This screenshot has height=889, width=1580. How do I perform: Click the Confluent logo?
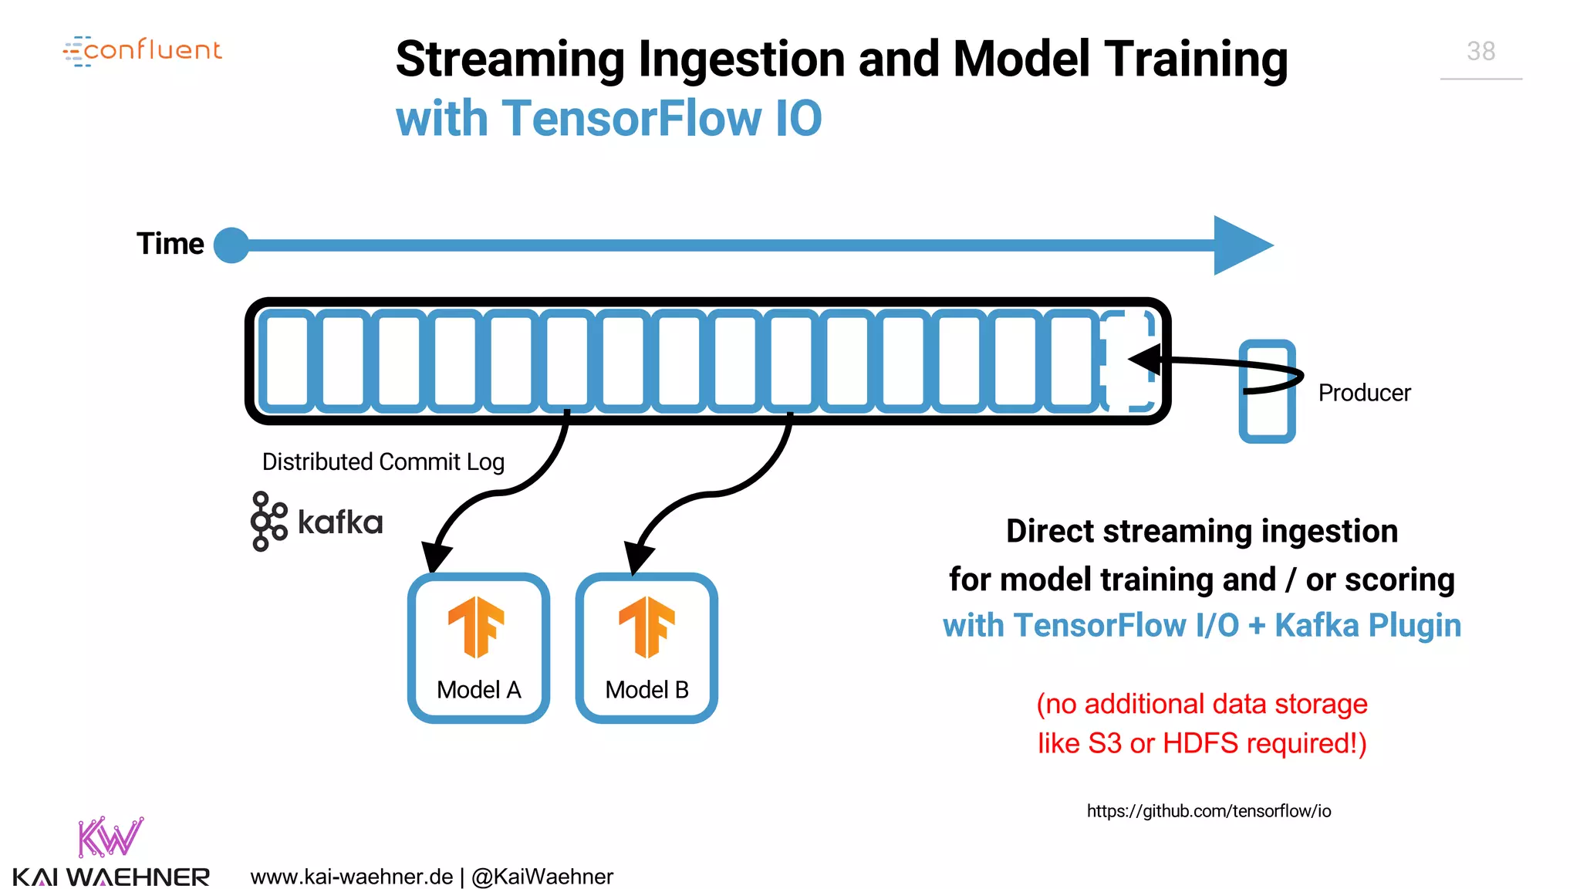143,51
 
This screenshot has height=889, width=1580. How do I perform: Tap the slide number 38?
1480,52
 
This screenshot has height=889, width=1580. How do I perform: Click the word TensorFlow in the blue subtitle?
631,119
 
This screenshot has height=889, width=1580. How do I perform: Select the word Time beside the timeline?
170,244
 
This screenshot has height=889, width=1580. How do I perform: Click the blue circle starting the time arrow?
231,245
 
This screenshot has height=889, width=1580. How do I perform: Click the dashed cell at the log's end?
1128,360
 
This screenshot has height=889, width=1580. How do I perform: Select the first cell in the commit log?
287,360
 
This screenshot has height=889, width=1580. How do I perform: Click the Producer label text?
1364,393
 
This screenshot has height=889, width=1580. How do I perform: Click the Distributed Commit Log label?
383,461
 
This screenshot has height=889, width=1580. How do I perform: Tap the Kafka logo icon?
268,522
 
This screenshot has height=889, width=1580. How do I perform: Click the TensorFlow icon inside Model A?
476,627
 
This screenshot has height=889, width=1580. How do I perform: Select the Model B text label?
647,689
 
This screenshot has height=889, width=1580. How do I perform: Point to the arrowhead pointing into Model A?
437,556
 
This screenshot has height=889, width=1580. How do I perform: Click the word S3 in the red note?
1104,743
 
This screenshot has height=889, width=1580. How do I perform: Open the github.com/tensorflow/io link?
1208,811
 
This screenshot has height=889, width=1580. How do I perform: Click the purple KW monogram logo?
110,837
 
